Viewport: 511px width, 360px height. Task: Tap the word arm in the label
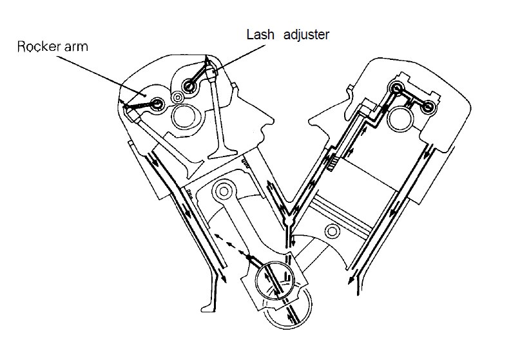[x=76, y=47]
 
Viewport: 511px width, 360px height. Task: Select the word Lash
[x=260, y=35]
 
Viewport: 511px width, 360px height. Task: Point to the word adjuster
[x=306, y=35]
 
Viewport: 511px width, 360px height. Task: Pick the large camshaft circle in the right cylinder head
[x=401, y=118]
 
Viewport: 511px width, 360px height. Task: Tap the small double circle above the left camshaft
[x=178, y=97]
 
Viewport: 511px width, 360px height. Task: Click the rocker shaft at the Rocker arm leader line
[x=157, y=104]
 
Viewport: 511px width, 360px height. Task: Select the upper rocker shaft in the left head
[x=188, y=86]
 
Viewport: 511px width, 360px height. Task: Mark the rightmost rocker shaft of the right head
[x=428, y=107]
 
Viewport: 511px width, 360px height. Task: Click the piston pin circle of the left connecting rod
[x=224, y=191]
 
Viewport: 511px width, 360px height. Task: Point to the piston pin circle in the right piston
[x=333, y=232]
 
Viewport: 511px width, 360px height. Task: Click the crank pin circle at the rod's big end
[x=275, y=280]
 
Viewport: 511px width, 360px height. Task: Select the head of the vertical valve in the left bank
[x=223, y=154]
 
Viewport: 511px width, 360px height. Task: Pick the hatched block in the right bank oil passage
[x=333, y=164]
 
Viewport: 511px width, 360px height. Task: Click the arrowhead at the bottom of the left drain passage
[x=223, y=278]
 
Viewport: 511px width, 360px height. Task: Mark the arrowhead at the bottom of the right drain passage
[x=351, y=280]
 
